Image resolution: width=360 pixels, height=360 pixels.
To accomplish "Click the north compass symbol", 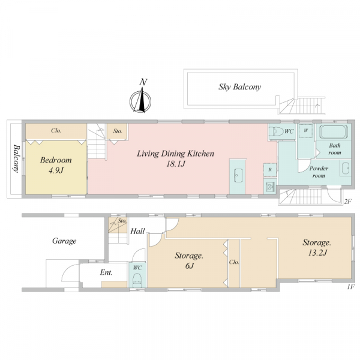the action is [140, 101].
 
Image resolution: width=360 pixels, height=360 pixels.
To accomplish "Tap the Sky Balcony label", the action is [239, 87].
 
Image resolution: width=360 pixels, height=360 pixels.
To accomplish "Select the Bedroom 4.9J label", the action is [56, 165].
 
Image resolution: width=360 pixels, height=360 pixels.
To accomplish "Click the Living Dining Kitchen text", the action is [175, 154].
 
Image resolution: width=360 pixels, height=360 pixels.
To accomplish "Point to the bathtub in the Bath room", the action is [334, 132].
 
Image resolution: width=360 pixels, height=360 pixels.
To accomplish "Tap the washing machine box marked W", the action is [305, 131].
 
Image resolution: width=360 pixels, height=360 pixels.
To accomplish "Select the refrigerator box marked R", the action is [270, 170].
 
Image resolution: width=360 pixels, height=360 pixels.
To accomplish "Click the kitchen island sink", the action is [238, 175].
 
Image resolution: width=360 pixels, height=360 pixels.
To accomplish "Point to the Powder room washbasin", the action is [346, 168].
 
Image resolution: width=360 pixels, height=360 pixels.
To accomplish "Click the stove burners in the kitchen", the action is [270, 186].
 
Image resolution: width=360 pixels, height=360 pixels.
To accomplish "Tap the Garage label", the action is [64, 241].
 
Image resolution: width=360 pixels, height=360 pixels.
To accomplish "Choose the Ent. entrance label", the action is [106, 272].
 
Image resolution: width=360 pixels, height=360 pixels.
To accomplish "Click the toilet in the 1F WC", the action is [137, 280].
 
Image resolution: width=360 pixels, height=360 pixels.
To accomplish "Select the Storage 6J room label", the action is [189, 260].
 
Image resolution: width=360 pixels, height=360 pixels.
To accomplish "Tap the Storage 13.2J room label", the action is [317, 247].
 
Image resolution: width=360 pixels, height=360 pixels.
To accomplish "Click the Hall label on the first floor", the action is [137, 231].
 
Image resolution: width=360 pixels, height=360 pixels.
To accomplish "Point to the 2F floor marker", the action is [348, 202].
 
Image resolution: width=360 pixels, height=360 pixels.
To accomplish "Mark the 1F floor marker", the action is [351, 287].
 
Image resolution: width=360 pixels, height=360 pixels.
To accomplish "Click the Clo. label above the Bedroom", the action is [56, 131].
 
